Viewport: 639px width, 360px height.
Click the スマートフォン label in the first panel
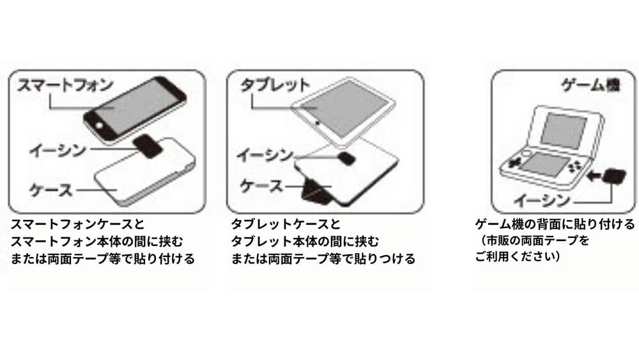[65, 85]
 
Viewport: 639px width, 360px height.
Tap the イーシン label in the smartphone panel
[58, 150]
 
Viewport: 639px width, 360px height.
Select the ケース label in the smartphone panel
[51, 189]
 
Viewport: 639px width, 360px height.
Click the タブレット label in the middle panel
[275, 85]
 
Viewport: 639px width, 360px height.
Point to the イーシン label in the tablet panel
[265, 155]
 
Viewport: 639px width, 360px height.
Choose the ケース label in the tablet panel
[261, 186]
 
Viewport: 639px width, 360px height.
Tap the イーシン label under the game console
[542, 200]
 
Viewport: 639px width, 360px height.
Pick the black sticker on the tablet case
[347, 159]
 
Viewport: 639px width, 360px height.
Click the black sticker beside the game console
[614, 176]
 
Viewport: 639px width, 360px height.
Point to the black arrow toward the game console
[594, 176]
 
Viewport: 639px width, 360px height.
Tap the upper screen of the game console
[564, 130]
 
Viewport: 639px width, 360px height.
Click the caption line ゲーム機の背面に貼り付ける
[555, 224]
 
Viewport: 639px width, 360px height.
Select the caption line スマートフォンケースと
[77, 224]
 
